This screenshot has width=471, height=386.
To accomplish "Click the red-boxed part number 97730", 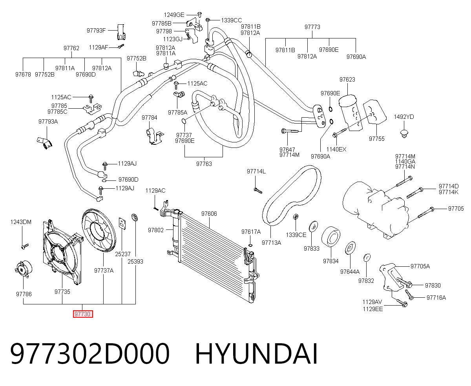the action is coord(83,314).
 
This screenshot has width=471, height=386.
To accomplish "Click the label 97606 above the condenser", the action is coord(209,214).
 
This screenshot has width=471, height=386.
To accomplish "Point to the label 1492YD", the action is coord(404,117).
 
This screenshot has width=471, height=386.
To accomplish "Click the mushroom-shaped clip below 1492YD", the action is coord(404,133).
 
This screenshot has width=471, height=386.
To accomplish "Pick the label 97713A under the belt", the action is coord(271,242).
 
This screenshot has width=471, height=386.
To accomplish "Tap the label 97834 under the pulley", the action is coord(330,261).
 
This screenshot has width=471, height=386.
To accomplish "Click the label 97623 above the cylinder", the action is coord(347,80).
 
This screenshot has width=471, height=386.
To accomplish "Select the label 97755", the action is coord(376,138).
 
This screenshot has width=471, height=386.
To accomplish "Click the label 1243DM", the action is coord(21,222).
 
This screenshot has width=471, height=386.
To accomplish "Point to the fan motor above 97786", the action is coord(23,269).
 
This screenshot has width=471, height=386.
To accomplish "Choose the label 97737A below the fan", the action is coord(104,271).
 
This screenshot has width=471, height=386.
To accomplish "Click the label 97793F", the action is coord(96,30).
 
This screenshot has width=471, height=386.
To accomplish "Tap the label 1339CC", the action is coord(231,20).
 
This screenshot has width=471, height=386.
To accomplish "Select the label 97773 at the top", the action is coord(312,27).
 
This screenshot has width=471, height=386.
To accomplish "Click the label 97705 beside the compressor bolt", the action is coord(456,209).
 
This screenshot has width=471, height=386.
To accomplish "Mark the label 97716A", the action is coord(436,298).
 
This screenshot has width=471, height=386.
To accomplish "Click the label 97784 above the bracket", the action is coord(150,117).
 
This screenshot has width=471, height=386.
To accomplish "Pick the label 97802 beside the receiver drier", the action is coord(156,230).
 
